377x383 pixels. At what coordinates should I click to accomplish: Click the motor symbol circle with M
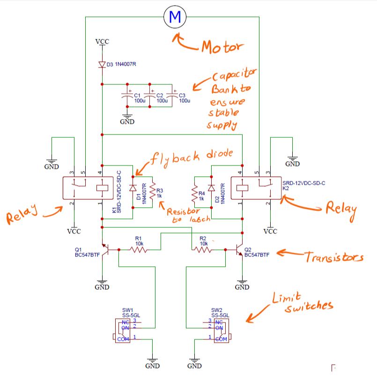click(175, 18)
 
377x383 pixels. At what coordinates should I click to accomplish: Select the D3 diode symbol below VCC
click(102, 65)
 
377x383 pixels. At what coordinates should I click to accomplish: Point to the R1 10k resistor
click(139, 250)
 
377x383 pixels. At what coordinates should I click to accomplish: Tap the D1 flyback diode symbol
click(133, 188)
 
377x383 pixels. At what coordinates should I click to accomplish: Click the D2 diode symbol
click(211, 188)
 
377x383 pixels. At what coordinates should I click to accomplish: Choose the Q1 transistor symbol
click(105, 250)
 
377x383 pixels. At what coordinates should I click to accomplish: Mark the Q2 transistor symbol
click(239, 250)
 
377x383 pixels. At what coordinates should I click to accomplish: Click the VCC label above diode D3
click(102, 42)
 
